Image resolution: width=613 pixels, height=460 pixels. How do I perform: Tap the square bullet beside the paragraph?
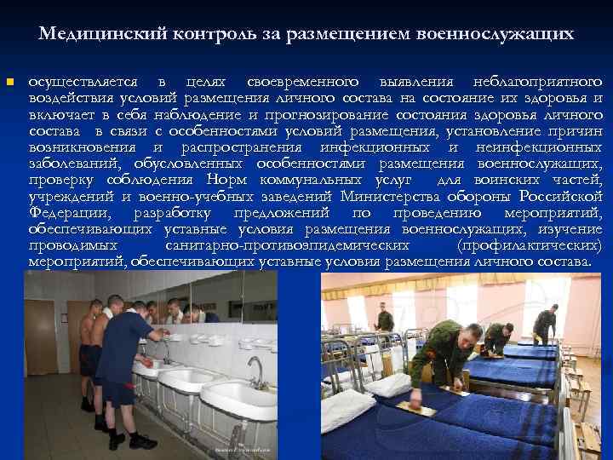click(x=9, y=83)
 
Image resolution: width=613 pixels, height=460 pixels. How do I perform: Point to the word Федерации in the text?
click(x=68, y=212)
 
